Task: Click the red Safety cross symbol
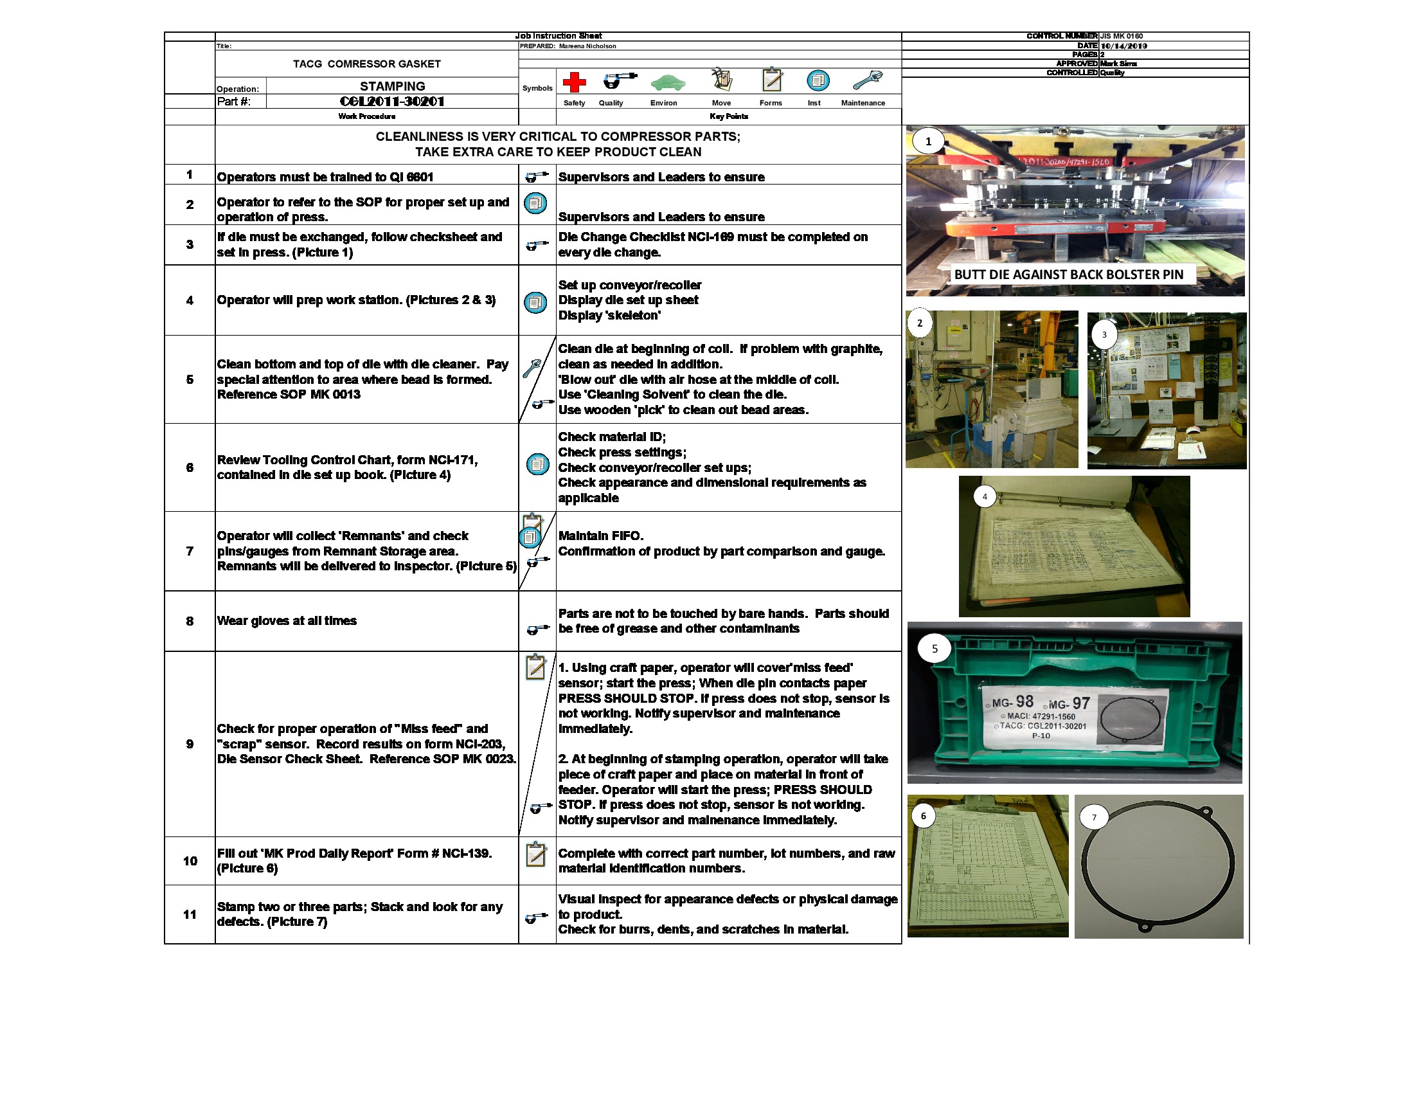coord(573,82)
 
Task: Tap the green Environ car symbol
coord(668,83)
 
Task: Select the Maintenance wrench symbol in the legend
coord(867,80)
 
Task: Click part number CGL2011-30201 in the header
coord(391,102)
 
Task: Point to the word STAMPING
coord(392,86)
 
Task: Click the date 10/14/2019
coord(1123,46)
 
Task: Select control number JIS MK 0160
coord(1122,36)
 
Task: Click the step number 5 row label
coord(190,379)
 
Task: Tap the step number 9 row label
coord(190,744)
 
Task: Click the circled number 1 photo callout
coord(927,141)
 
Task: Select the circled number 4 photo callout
coord(984,496)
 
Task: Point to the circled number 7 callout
coord(1093,817)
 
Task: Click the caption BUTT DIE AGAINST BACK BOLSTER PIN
coord(1068,275)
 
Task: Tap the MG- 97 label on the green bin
coord(1069,704)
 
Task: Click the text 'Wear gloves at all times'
coord(286,621)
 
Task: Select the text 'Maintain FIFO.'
coord(600,536)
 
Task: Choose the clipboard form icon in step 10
coord(535,854)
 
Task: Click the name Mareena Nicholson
coord(587,46)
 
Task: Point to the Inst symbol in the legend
coord(818,81)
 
